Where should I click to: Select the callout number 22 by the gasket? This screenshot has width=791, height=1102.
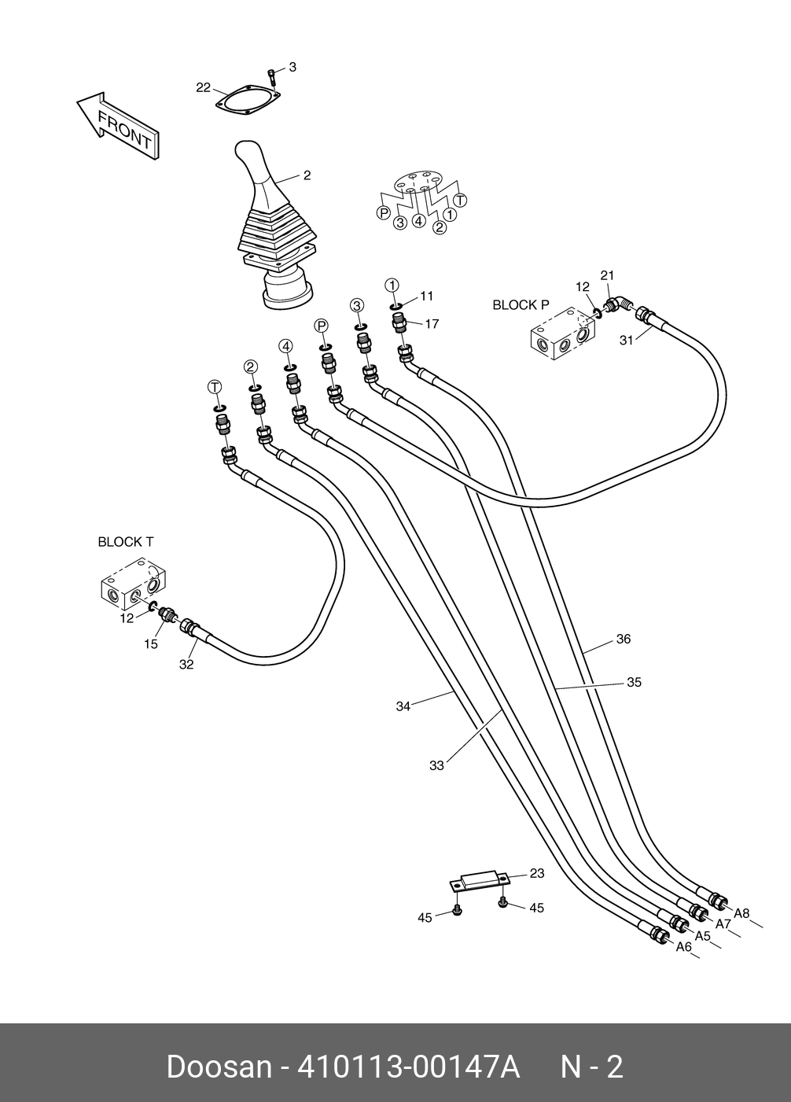click(203, 87)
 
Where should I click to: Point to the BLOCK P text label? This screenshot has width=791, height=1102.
click(521, 305)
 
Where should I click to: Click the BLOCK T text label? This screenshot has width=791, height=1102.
click(126, 542)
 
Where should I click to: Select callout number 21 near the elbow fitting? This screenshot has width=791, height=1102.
click(608, 275)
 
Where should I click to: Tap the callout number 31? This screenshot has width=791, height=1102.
click(626, 340)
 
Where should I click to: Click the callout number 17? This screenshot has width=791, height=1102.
click(432, 324)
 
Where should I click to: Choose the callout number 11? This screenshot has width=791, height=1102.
click(426, 296)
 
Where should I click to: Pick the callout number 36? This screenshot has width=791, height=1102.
click(624, 639)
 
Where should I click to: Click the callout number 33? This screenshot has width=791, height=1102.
click(437, 765)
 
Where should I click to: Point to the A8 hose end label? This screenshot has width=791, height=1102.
click(741, 913)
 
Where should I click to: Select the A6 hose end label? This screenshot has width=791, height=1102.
click(684, 946)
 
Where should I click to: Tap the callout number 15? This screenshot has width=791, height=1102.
click(151, 643)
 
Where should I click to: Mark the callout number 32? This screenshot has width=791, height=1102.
click(186, 664)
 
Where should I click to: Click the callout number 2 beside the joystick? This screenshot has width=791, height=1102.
click(307, 175)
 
